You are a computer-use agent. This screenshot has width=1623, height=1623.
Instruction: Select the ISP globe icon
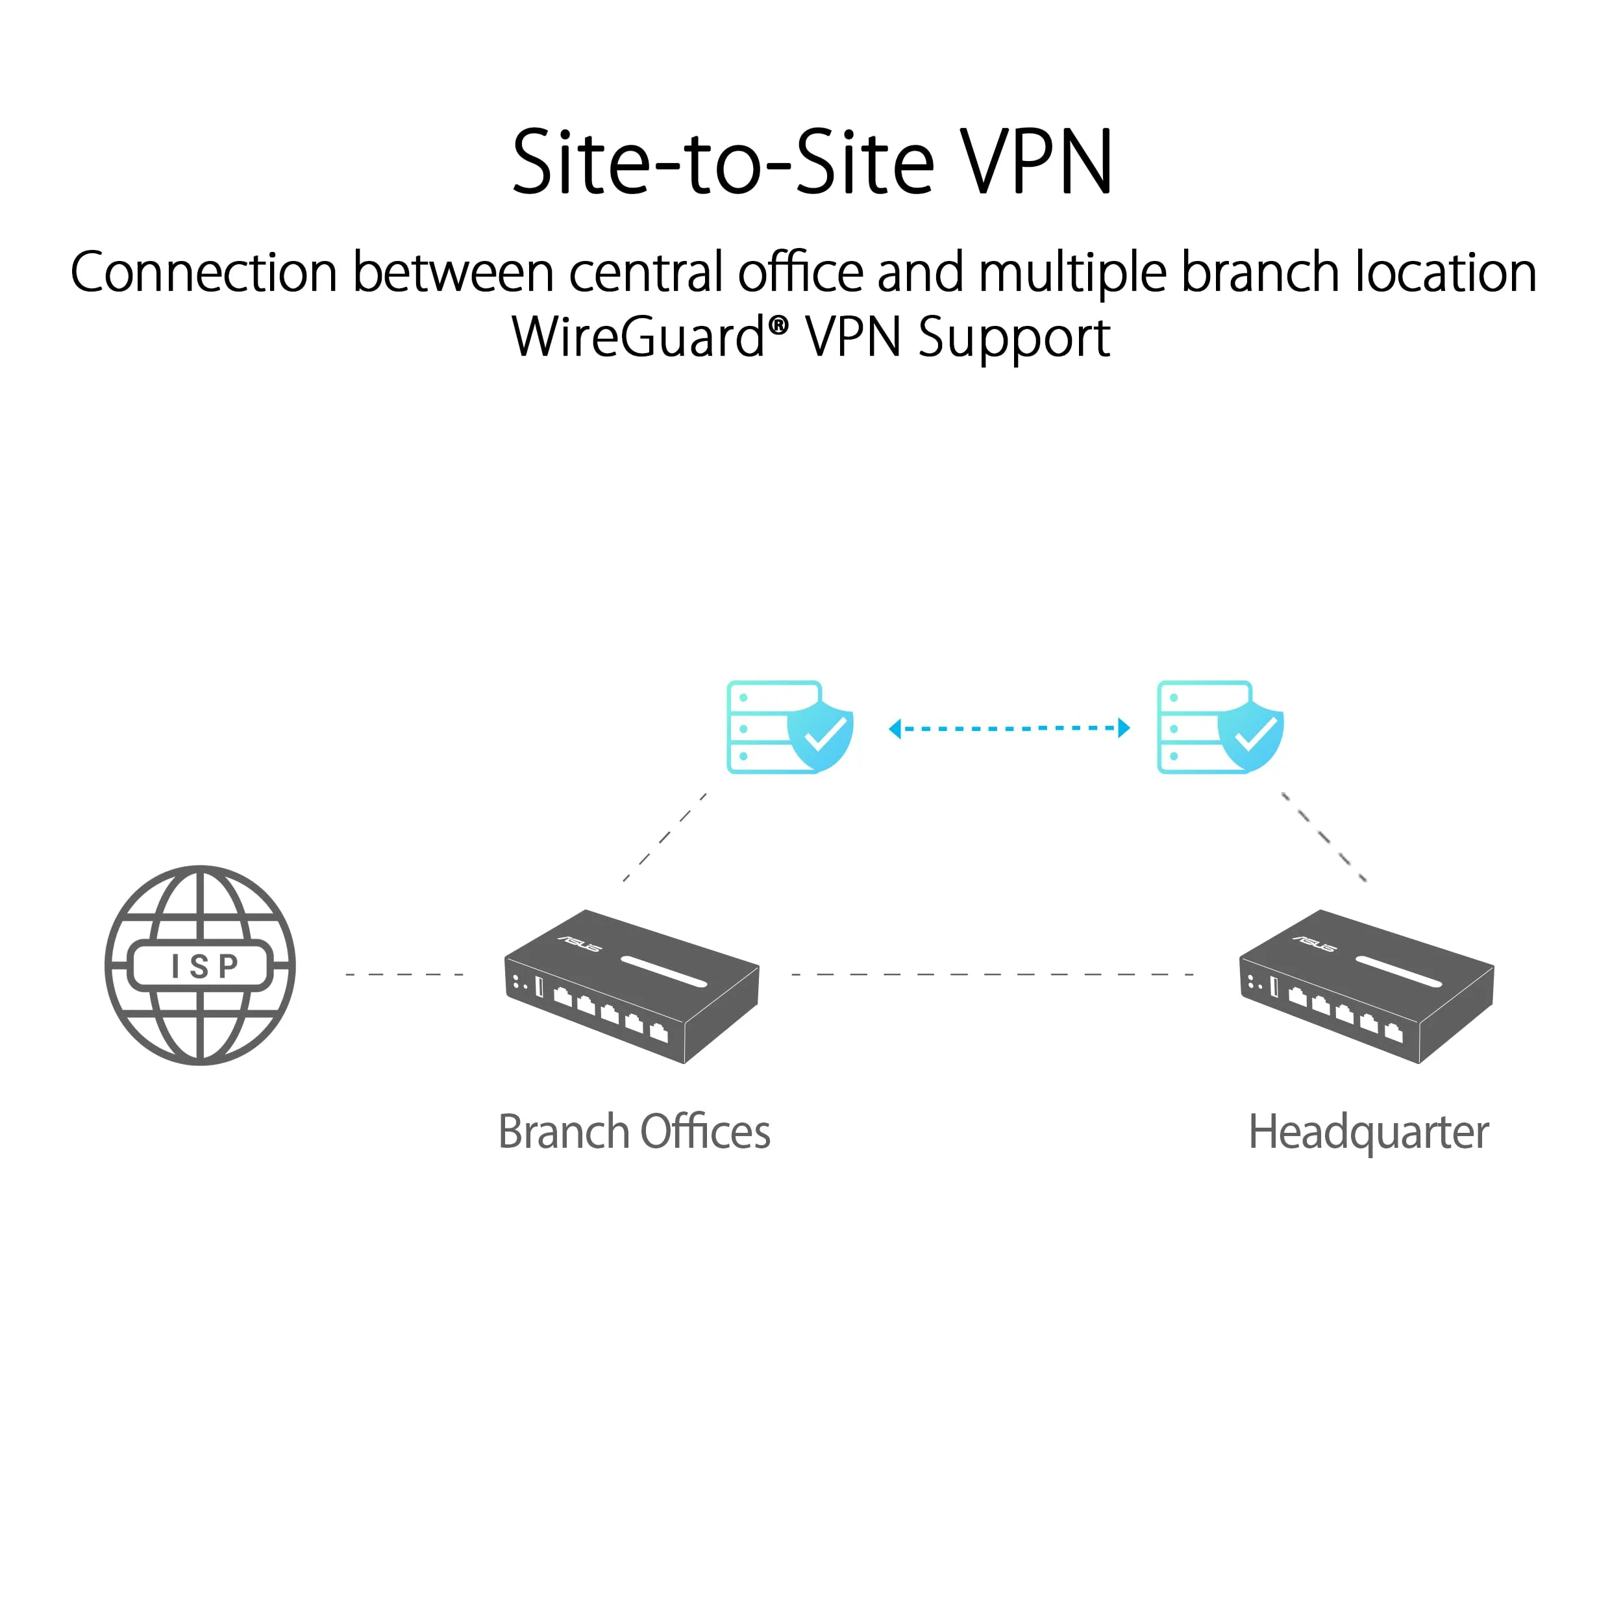coord(200,965)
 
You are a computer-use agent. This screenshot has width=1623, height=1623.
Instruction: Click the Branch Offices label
coord(634,1132)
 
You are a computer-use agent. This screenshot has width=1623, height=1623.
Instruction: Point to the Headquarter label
coord(1369,1132)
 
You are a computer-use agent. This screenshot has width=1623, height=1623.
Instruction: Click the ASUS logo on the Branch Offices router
coord(580,944)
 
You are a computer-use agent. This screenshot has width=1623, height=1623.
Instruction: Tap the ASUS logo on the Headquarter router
coord(1315,944)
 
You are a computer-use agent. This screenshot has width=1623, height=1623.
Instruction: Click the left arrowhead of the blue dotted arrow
coord(895,728)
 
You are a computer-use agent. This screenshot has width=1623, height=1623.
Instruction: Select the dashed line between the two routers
coord(992,974)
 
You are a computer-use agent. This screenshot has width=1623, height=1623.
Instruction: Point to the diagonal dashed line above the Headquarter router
coord(1323,837)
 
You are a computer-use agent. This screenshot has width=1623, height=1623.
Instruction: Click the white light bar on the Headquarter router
coord(1399,971)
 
